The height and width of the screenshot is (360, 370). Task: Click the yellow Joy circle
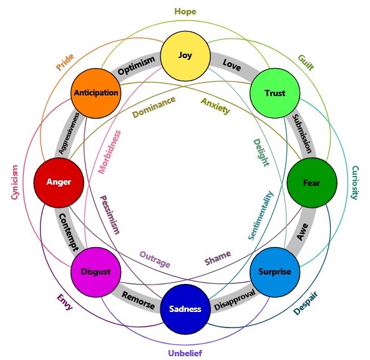pyautogui.click(x=185, y=56)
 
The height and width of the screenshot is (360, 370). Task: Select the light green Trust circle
pyautogui.click(x=275, y=93)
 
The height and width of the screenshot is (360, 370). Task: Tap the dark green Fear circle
pyautogui.click(x=312, y=183)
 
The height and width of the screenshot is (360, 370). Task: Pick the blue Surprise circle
pyautogui.click(x=275, y=272)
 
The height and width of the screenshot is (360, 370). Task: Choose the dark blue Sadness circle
pyautogui.click(x=185, y=309)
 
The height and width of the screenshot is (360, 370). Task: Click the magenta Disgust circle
pyautogui.click(x=96, y=272)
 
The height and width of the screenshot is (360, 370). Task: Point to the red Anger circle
pyautogui.click(x=59, y=183)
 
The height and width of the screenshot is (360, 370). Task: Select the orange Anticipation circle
pyautogui.click(x=96, y=93)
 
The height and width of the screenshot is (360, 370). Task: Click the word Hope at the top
pyautogui.click(x=185, y=12)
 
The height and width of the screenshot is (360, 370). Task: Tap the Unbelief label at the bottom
pyautogui.click(x=185, y=353)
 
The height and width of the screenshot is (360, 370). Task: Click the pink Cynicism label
pyautogui.click(x=14, y=182)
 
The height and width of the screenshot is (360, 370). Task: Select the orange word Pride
pyautogui.click(x=65, y=62)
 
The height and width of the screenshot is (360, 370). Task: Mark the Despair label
pyautogui.click(x=306, y=303)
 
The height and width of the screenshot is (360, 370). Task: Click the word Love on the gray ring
pyautogui.click(x=231, y=65)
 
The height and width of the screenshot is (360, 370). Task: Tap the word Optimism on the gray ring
pyautogui.click(x=136, y=66)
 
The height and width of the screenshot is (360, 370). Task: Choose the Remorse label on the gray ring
pyautogui.click(x=139, y=300)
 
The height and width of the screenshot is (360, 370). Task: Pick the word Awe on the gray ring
pyautogui.click(x=302, y=231)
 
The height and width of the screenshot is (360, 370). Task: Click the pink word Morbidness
pyautogui.click(x=109, y=152)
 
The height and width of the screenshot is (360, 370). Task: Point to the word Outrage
pyautogui.click(x=155, y=260)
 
